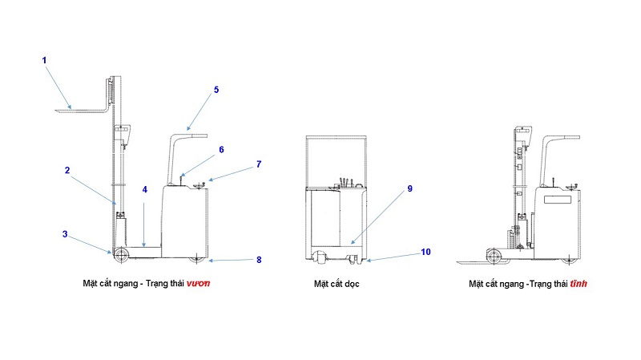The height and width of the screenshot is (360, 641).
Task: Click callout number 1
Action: click(x=45, y=59)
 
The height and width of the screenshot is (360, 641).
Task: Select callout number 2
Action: click(x=67, y=170)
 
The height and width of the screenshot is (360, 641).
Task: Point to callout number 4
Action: click(x=145, y=190)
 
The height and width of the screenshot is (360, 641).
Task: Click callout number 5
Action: click(x=216, y=91)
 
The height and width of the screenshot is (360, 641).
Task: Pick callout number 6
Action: click(x=221, y=149)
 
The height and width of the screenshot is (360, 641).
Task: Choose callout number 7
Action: click(x=259, y=164)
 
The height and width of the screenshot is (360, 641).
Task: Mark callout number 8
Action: click(x=259, y=259)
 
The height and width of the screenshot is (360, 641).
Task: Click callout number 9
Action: click(x=409, y=188)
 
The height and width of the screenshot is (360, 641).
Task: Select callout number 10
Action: click(x=425, y=251)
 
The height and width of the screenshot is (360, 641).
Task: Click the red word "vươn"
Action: click(x=200, y=284)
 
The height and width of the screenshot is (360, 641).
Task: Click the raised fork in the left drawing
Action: click(x=80, y=108)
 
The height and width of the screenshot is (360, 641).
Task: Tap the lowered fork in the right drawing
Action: click(x=477, y=262)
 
